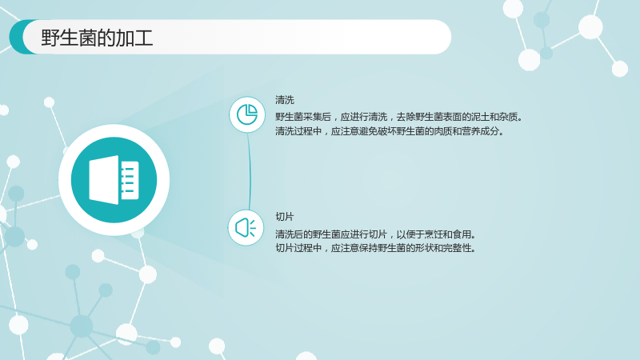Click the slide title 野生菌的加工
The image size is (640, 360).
[x=97, y=38]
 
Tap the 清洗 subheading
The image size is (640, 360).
[x=285, y=100]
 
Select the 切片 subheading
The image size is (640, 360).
[x=285, y=217]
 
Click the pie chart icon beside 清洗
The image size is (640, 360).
[x=247, y=114]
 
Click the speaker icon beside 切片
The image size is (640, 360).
[x=246, y=228]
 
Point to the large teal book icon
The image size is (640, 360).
[x=114, y=180]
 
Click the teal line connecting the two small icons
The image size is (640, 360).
[x=250, y=171]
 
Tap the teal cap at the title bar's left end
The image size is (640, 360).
[x=21, y=37]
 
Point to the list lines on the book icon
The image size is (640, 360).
[x=128, y=180]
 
